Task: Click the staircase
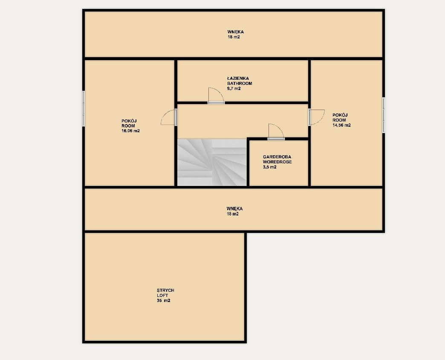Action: (x=212, y=163)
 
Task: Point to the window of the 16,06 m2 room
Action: (x=84, y=108)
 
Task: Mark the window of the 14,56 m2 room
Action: (x=384, y=115)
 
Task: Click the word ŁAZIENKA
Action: (x=238, y=78)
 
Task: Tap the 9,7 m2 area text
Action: (x=234, y=89)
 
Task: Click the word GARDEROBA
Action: (x=277, y=157)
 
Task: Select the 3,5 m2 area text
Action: (x=270, y=167)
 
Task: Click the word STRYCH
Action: (x=165, y=290)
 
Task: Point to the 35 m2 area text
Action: (x=164, y=300)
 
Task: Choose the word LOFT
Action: (x=162, y=295)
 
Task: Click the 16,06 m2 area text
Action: (x=130, y=131)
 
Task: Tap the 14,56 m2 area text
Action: (x=342, y=125)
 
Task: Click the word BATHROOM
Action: (x=240, y=84)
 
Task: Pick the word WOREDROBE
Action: (x=277, y=162)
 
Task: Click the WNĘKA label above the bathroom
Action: (x=236, y=32)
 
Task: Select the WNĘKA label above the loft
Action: (x=234, y=209)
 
